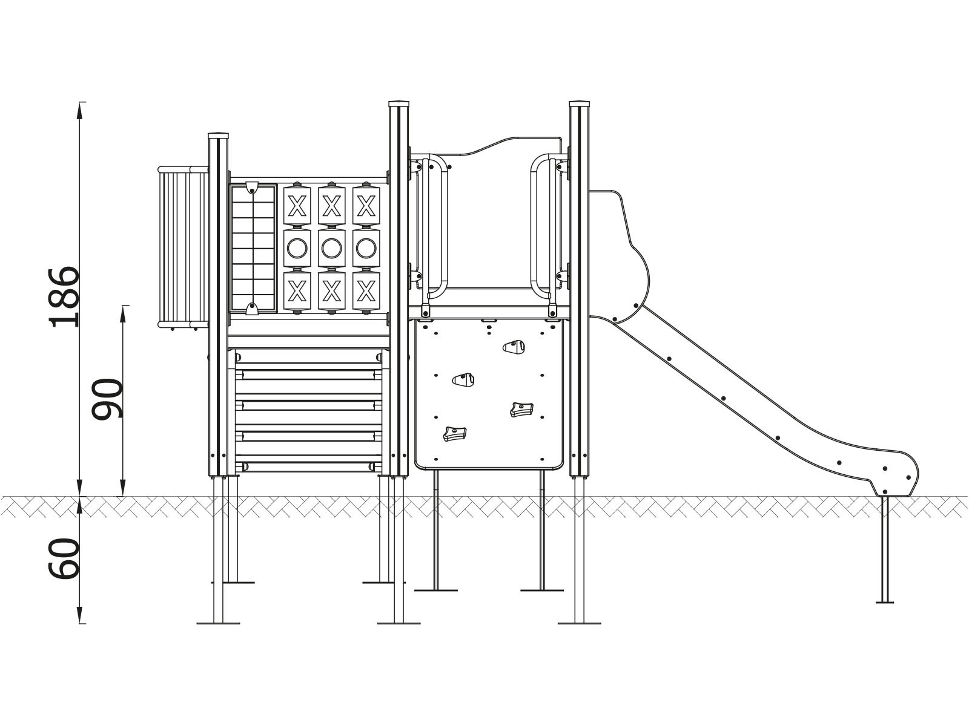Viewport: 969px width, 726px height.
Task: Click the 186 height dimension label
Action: coord(64,297)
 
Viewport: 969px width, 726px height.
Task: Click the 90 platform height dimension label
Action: coord(107,399)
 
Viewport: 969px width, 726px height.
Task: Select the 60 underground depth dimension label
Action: coord(64,558)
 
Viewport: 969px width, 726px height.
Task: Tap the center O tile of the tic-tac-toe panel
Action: coord(331,247)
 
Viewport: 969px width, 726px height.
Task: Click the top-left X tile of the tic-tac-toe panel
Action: coord(297,206)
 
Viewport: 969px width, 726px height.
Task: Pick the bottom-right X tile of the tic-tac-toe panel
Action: coord(366,291)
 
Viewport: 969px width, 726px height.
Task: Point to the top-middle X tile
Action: coord(331,206)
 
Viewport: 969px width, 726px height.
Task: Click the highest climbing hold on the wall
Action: coord(514,347)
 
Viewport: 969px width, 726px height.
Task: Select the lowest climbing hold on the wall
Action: coord(455,433)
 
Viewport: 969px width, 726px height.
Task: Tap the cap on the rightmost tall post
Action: coord(580,104)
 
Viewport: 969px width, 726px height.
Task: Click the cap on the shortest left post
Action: coord(219,135)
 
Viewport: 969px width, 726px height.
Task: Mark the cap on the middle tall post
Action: coord(399,104)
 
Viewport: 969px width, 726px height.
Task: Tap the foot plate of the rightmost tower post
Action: coord(579,623)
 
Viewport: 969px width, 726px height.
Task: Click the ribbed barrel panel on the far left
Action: coord(183,247)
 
